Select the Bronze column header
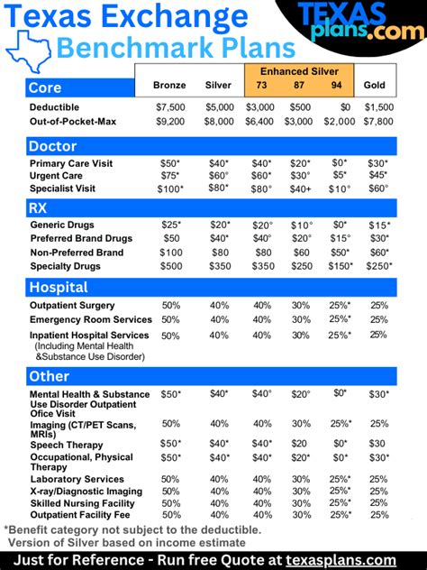pyautogui.click(x=169, y=86)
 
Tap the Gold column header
pyautogui.click(x=374, y=86)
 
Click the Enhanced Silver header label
pyautogui.click(x=298, y=70)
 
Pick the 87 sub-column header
pyautogui.click(x=299, y=86)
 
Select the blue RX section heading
pyautogui.click(x=41, y=207)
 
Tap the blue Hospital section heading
pyautogui.click(x=59, y=287)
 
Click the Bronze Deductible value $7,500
pyautogui.click(x=169, y=106)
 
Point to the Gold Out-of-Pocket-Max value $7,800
pyautogui.click(x=378, y=120)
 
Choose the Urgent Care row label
pyautogui.click(x=59, y=176)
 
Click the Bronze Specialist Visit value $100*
pyautogui.click(x=169, y=188)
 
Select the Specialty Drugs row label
pyautogui.click(x=65, y=266)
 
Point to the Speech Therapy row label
pyautogui.click(x=66, y=445)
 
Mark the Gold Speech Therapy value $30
pyautogui.click(x=378, y=444)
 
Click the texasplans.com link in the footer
pyautogui.click(x=341, y=560)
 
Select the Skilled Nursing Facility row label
pyautogui.click(x=83, y=502)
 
